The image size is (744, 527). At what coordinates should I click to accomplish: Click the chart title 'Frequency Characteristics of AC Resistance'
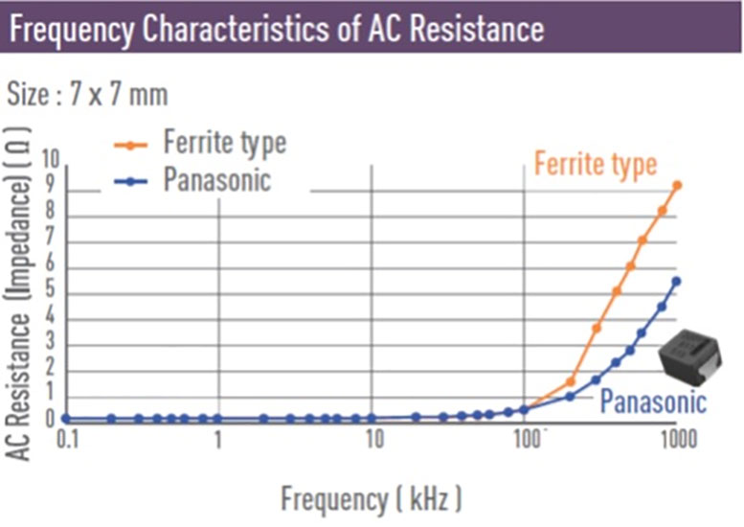point(277,29)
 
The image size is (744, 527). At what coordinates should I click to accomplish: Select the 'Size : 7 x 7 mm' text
point(87,94)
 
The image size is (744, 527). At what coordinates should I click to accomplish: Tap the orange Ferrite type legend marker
point(131,145)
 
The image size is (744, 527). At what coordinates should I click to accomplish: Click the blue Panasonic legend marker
point(131,181)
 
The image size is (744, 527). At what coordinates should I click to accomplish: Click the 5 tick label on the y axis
point(51,289)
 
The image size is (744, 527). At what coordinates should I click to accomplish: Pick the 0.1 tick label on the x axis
point(67,440)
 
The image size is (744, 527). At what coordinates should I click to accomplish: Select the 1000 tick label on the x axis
point(679,440)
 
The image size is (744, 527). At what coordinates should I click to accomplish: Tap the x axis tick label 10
point(374,440)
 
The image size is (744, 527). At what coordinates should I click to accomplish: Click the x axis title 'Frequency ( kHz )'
point(372,499)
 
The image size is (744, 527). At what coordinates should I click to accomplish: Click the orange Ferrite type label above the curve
point(596,164)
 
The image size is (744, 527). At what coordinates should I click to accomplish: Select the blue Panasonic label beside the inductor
point(653,401)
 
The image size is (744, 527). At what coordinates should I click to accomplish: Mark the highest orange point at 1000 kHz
point(677,185)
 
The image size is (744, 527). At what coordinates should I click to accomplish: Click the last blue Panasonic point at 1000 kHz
point(677,282)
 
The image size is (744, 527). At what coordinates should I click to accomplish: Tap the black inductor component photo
point(690,357)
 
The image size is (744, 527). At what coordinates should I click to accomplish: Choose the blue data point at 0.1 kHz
point(66,419)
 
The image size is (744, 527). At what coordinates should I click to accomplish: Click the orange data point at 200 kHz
point(571,381)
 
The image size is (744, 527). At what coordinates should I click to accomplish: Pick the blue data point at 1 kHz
point(217,419)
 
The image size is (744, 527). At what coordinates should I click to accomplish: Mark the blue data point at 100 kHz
point(524,410)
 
